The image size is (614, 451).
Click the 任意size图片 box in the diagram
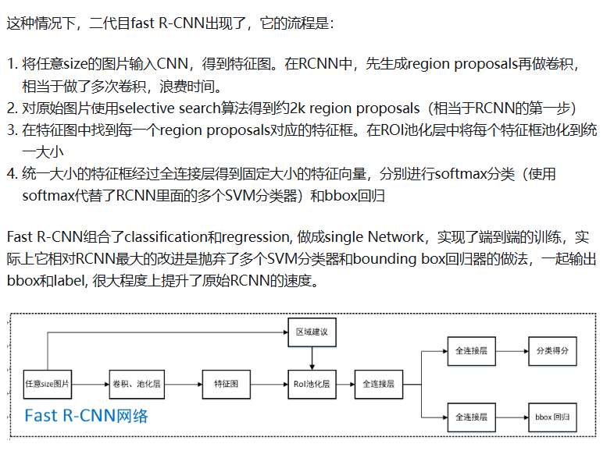pyautogui.click(x=48, y=384)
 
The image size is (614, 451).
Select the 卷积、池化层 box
pyautogui.click(x=136, y=384)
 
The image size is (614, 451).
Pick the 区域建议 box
pyautogui.click(x=312, y=332)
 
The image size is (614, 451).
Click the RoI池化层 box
pyautogui.click(x=312, y=384)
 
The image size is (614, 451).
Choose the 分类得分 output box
pyautogui.click(x=552, y=351)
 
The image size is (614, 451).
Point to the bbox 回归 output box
pyautogui.click(x=552, y=417)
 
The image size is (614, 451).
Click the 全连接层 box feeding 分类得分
pyautogui.click(x=471, y=351)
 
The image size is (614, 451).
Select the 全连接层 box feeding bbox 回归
pyautogui.click(x=471, y=417)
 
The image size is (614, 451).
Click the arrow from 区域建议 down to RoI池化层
pyautogui.click(x=312, y=357)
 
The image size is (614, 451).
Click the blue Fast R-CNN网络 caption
pyautogui.click(x=86, y=415)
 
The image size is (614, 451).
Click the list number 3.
pyautogui.click(x=11, y=130)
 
